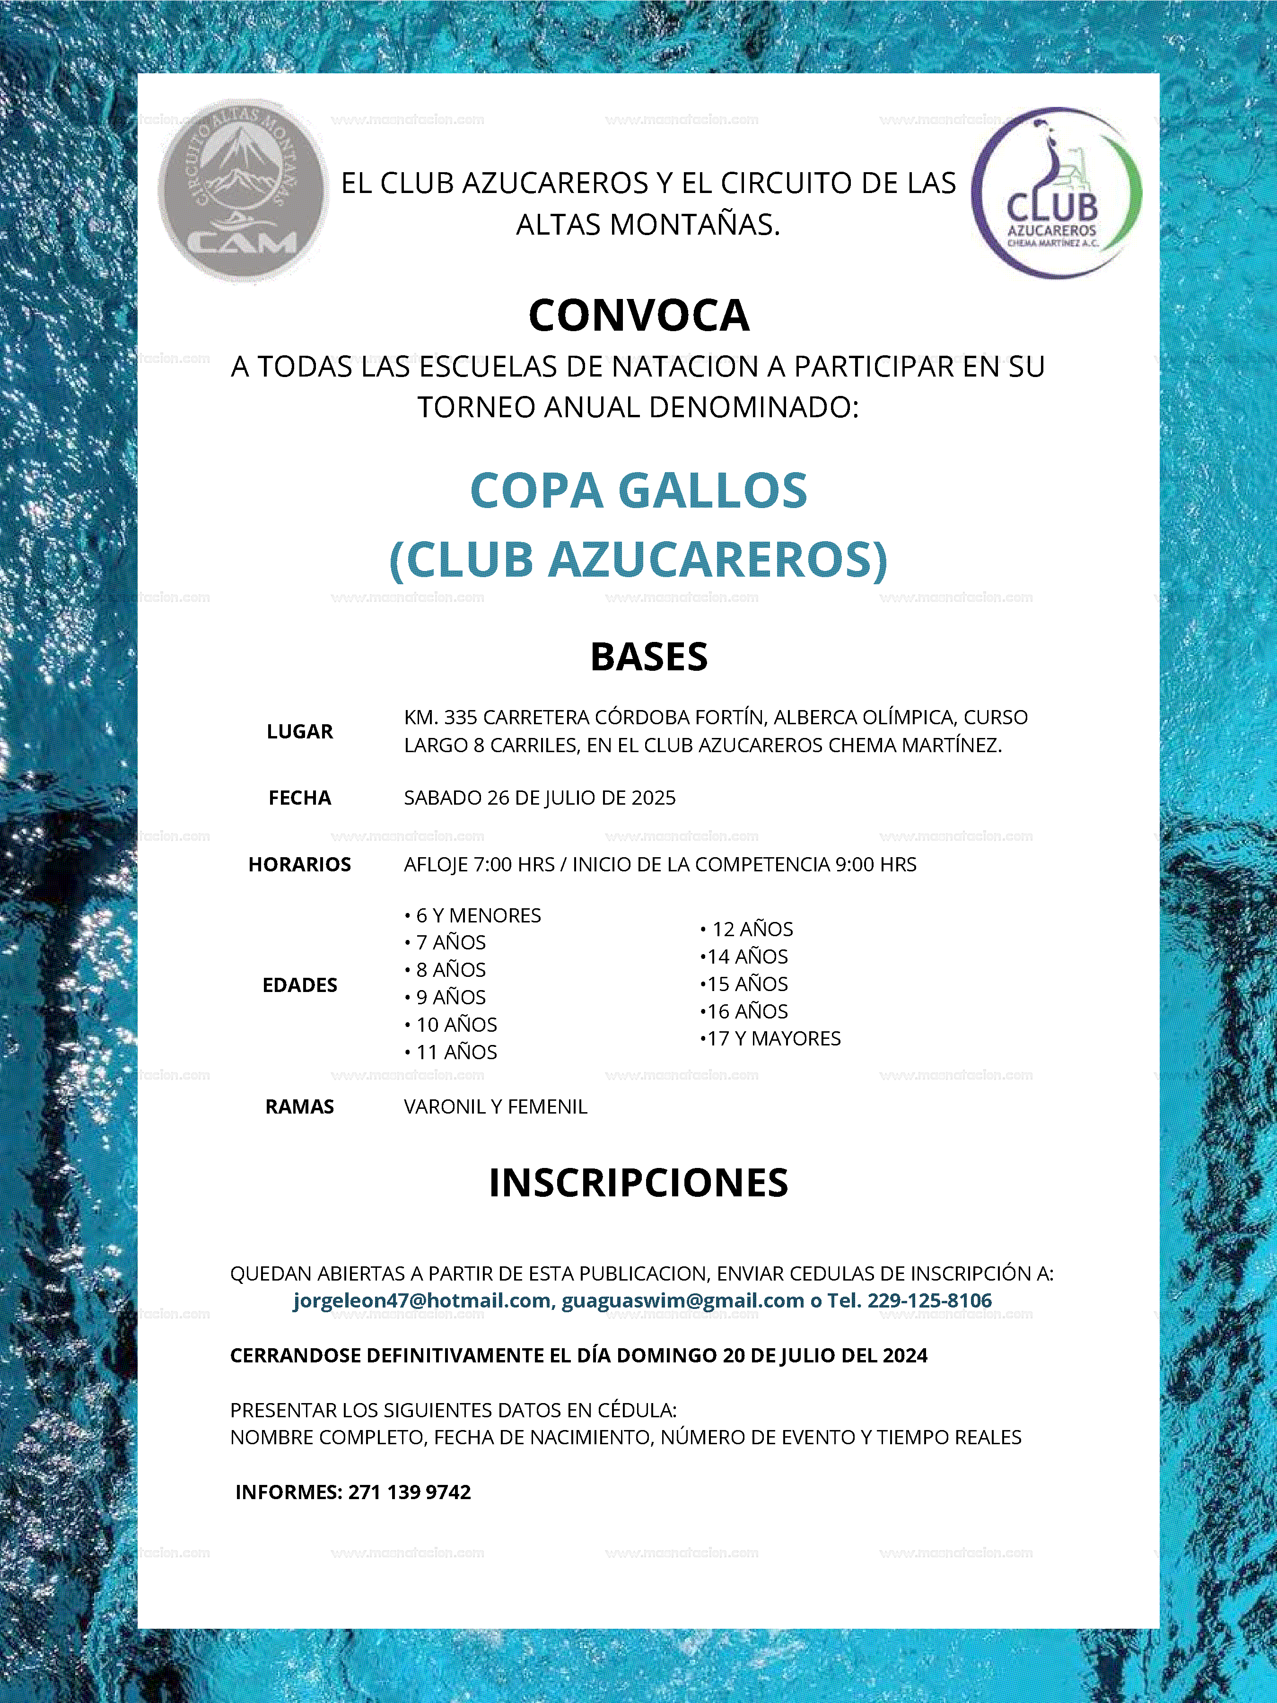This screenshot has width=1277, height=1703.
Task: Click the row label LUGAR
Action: tap(299, 731)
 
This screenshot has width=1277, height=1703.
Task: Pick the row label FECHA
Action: tap(299, 798)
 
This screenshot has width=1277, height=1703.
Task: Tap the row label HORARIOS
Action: tap(299, 865)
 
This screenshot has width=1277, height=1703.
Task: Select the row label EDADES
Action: tap(299, 985)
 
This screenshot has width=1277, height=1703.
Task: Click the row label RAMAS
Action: tap(299, 1106)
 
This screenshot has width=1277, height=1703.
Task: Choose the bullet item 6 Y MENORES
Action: tap(477, 915)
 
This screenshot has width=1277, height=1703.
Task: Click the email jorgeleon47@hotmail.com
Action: tap(422, 1300)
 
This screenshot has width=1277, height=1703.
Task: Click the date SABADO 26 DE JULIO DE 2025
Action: tap(540, 798)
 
